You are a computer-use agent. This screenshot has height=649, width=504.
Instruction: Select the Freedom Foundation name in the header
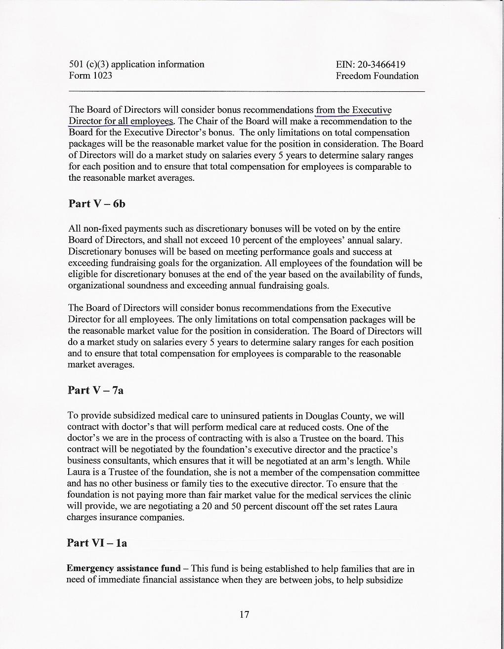coord(377,76)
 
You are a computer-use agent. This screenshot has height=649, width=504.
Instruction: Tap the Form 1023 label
coord(90,76)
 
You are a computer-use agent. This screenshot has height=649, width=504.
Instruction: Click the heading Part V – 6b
coord(97,203)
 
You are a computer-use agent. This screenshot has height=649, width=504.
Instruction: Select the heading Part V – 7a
coord(95,390)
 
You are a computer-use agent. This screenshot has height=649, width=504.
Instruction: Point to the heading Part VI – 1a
coord(97,543)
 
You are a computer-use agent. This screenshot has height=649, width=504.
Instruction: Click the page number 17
coord(244,614)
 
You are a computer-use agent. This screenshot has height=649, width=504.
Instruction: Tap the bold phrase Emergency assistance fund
coord(123,568)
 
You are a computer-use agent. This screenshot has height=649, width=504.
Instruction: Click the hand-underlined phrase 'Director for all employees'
coord(121,121)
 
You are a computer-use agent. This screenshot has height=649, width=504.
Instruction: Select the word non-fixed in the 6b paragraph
coord(100,229)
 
